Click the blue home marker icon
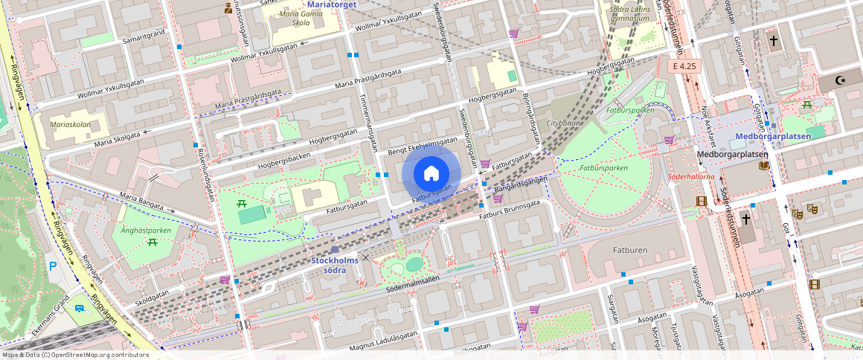pos(431,173)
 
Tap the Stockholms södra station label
pos(334,265)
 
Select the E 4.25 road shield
pos(683,66)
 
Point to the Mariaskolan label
pos(70,124)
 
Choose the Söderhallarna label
pos(691,177)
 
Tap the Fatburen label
pos(630,250)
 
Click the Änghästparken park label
pos(147,231)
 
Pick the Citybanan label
pos(562,122)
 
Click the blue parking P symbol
pos(52,266)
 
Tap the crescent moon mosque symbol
pos(843,79)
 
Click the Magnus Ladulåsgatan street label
pos(384,338)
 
